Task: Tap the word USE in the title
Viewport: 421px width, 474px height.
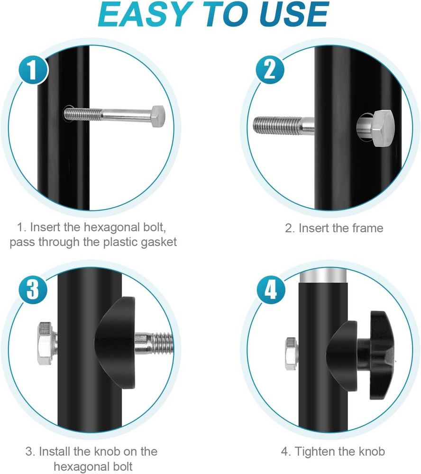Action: click(294, 14)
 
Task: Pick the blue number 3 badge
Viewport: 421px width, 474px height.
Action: click(33, 289)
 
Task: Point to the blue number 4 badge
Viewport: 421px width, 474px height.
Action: click(271, 289)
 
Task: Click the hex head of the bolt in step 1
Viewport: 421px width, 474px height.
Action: click(158, 117)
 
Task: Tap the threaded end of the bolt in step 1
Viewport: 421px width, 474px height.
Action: click(83, 114)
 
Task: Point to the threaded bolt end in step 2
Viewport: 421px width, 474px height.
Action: click(278, 126)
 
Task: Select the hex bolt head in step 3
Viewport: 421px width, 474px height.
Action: click(46, 343)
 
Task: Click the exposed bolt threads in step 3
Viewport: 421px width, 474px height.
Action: click(162, 343)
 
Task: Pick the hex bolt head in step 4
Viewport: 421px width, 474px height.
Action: click(291, 354)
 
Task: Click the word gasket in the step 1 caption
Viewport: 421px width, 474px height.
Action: click(159, 242)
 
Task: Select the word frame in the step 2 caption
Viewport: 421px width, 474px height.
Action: click(366, 228)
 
